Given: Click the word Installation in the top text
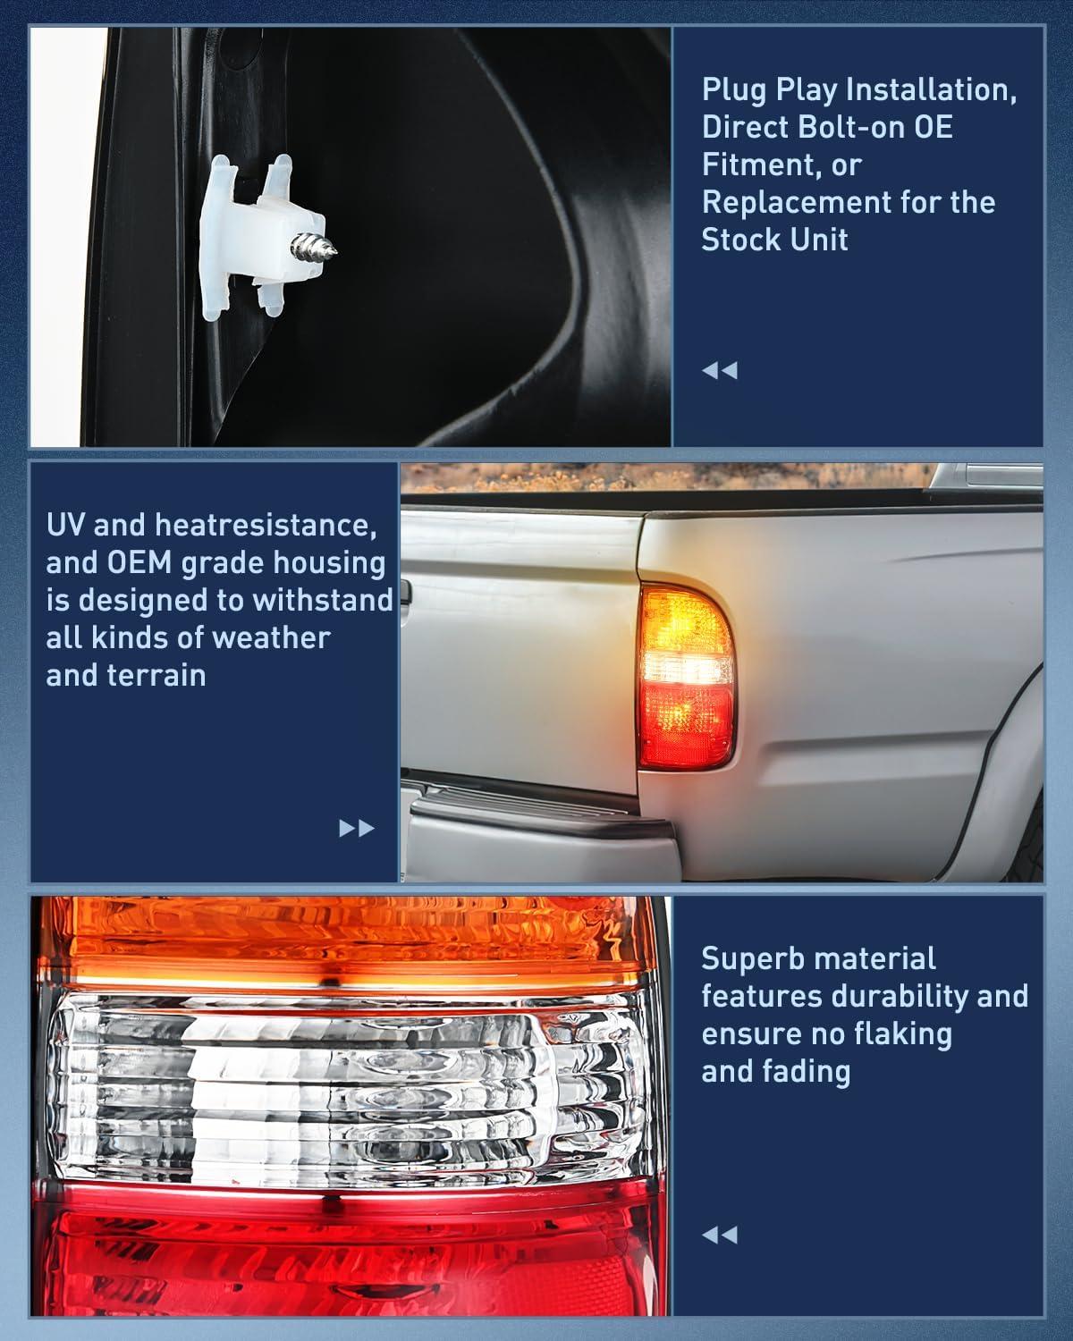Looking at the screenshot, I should (931, 90).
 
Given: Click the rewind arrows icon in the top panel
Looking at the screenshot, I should (720, 370).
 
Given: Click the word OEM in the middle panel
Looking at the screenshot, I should (139, 563).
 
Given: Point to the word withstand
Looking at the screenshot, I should (322, 600).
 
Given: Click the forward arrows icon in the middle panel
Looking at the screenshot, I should (356, 829).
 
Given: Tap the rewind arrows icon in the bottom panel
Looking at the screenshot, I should (720, 1235).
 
